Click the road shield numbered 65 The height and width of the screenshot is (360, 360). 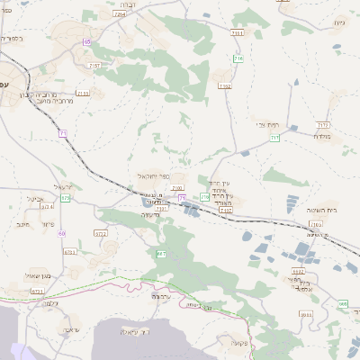click(x=87, y=41)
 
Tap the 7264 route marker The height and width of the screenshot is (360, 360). click(x=120, y=15)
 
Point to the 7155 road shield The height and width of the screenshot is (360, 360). click(x=84, y=93)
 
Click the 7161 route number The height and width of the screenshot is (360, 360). click(x=237, y=33)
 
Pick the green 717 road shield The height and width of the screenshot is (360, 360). click(x=274, y=138)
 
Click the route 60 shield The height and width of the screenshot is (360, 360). click(x=62, y=232)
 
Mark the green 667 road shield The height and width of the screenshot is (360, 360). click(x=161, y=255)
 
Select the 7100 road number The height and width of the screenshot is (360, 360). click(x=177, y=188)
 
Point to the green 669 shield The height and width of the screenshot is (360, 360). click(x=342, y=304)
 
